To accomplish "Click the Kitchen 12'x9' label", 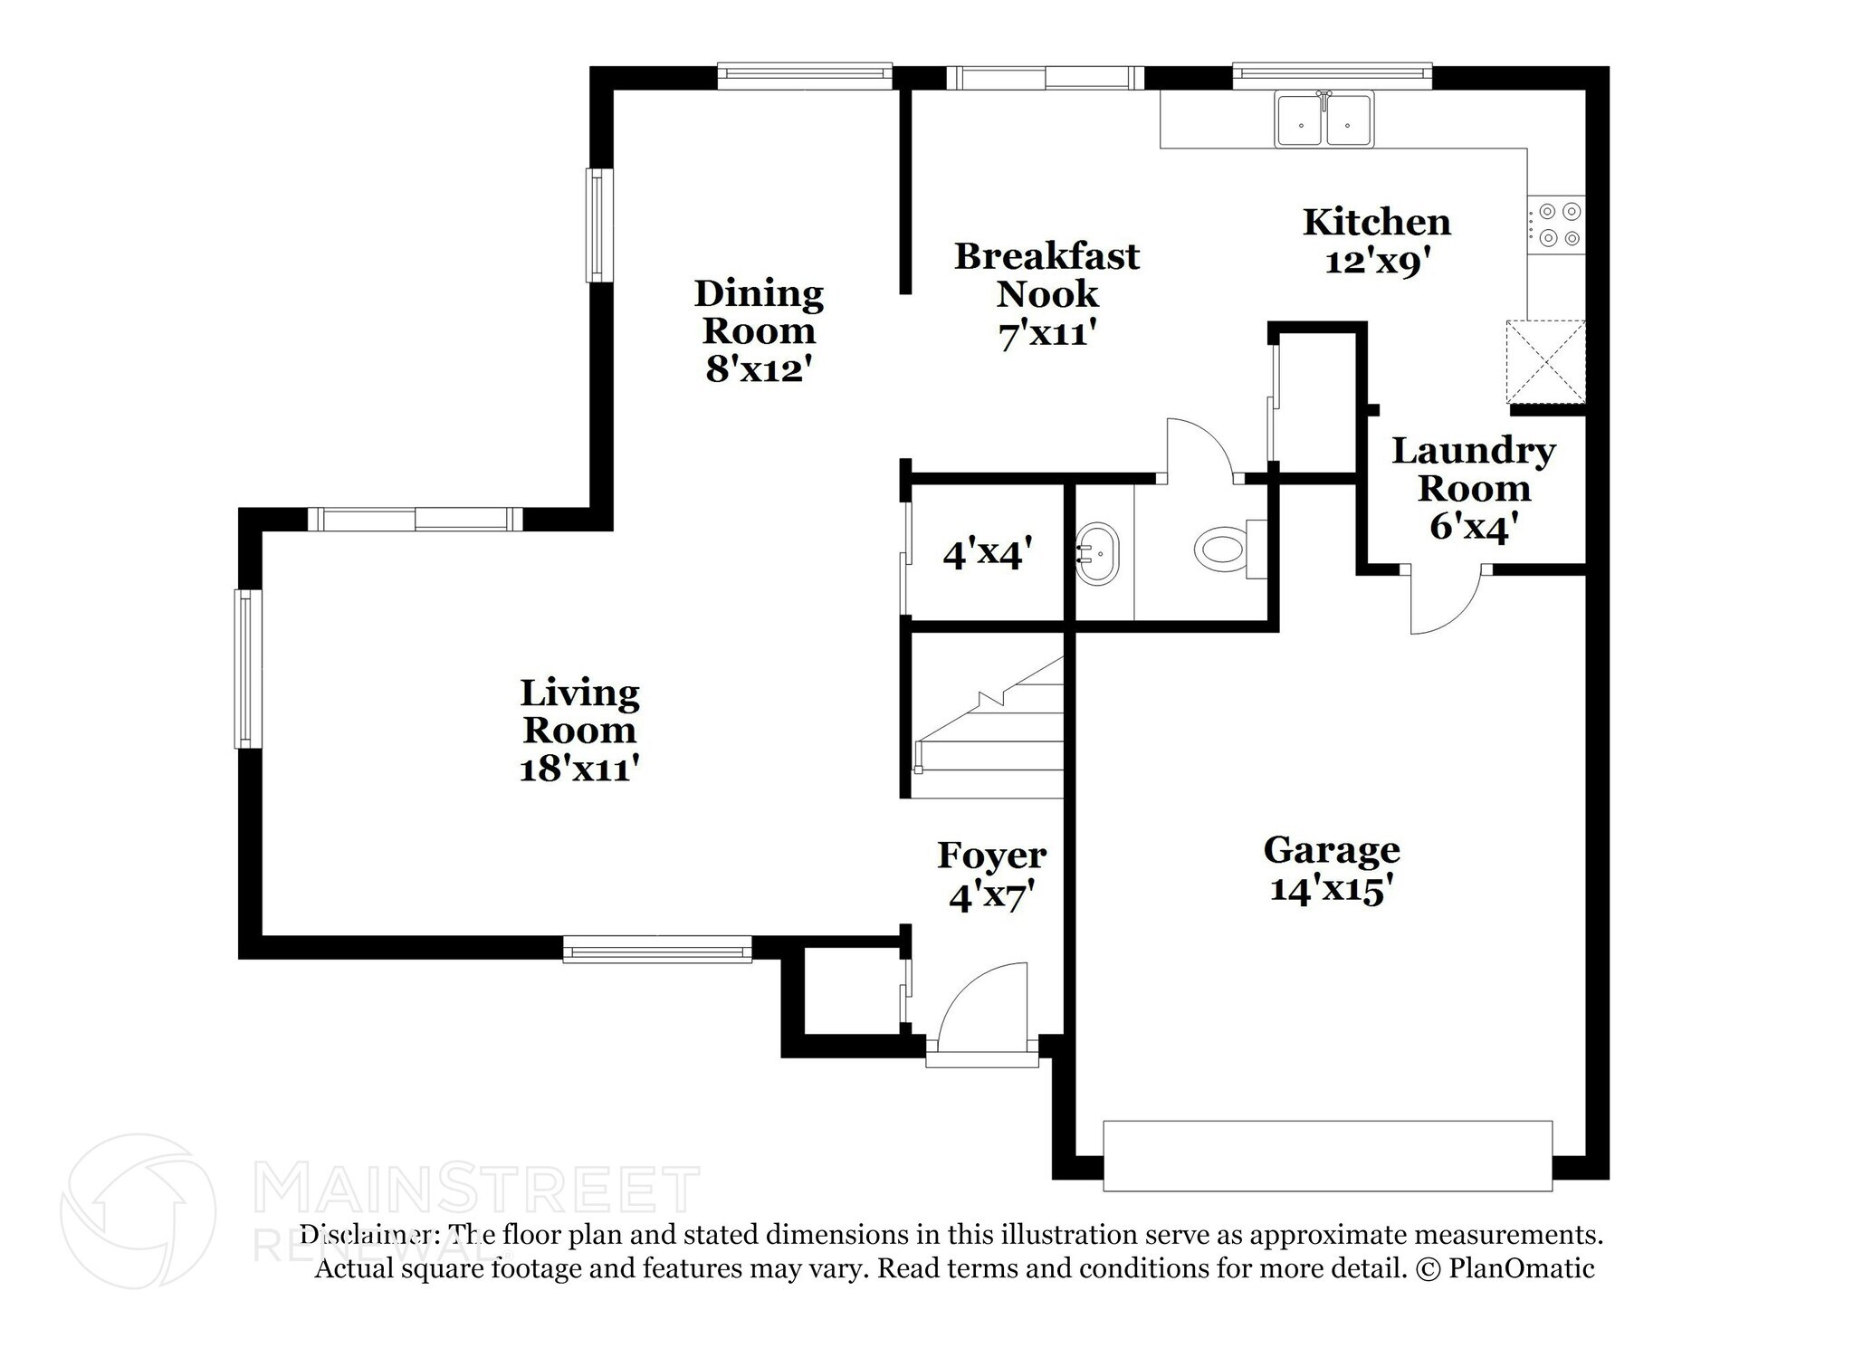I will coord(1376,241).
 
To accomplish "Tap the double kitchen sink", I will coord(1324,120).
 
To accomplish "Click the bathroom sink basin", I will coord(1098,552).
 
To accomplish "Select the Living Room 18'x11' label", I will coord(579,730).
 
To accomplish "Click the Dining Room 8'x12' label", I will coord(759,330).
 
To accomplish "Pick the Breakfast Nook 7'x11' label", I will coord(1046,294).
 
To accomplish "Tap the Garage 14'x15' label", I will coord(1331,869).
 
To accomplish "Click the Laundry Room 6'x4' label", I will coord(1473,487).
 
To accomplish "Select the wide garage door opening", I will coord(1327,1155).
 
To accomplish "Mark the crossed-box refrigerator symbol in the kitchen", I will coord(1545,361).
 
